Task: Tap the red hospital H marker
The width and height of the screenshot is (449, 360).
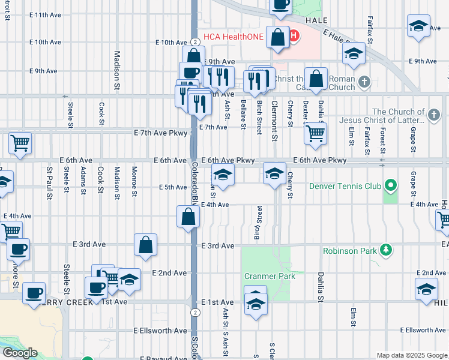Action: pos(293,37)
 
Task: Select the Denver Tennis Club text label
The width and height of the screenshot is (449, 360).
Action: pos(344,186)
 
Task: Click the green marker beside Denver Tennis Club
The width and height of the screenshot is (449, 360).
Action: pos(391,185)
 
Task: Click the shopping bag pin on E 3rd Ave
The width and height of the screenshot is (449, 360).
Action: pos(145,244)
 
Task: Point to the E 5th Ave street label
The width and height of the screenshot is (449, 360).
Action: pos(173,187)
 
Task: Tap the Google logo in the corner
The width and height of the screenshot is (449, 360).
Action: pos(19,353)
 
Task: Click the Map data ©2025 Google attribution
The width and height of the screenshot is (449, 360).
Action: pos(411,355)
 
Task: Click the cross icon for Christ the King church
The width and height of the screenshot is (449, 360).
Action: pos(364,81)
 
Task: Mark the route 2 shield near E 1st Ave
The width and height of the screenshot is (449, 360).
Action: pos(196,312)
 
